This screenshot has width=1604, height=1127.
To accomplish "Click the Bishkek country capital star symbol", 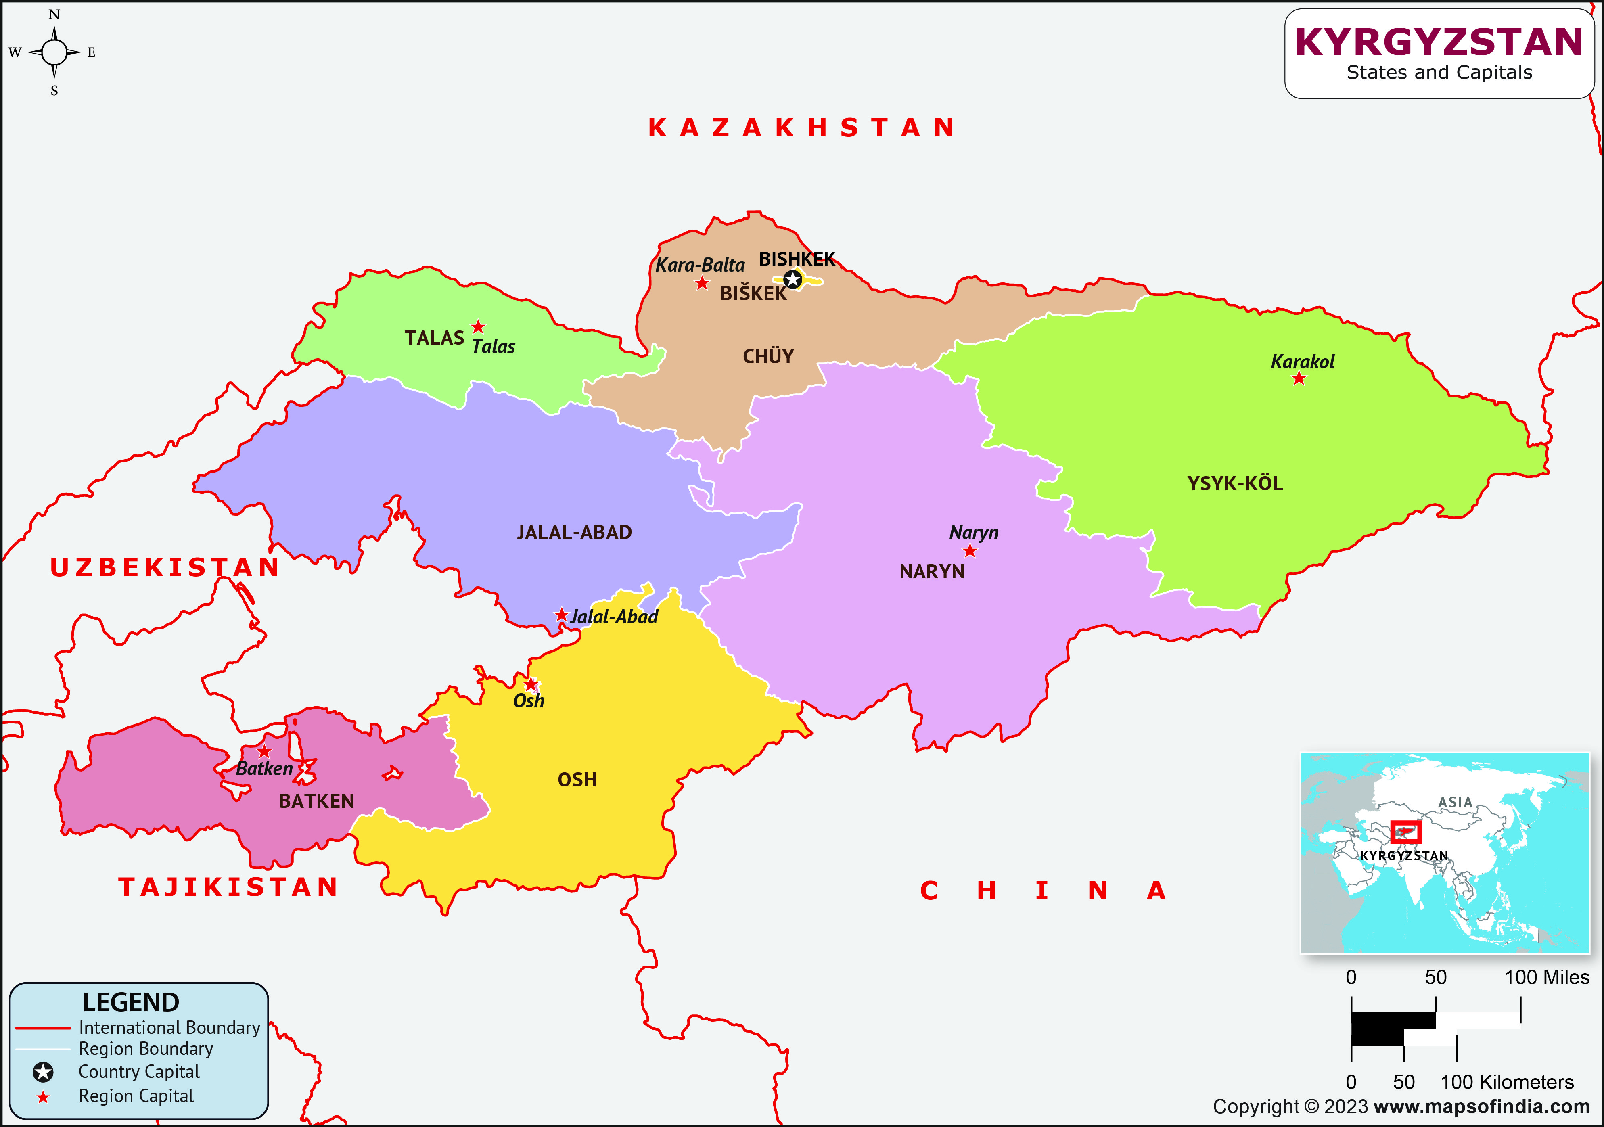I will (x=792, y=280).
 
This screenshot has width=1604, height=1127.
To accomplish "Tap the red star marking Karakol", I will (x=1299, y=379).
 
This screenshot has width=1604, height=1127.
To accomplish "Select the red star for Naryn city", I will (x=970, y=551).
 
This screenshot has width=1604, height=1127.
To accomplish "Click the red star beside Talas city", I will (x=478, y=327).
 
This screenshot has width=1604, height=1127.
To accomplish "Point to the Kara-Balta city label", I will (x=700, y=266).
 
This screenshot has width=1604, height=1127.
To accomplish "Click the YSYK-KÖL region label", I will (x=1235, y=483).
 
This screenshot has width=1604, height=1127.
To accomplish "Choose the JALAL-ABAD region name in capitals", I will (x=574, y=532).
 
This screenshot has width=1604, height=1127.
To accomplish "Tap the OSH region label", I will (x=577, y=780).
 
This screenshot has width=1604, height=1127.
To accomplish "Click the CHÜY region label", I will (x=768, y=356).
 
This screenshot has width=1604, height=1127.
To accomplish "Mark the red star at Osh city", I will (x=531, y=684).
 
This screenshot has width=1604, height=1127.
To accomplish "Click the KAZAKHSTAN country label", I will (x=801, y=128).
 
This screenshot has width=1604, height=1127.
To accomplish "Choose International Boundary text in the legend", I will (x=169, y=1028).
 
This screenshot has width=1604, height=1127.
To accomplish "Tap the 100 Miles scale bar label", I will (x=1547, y=977).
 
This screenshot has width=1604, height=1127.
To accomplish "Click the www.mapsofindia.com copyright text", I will (x=1481, y=1107).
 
